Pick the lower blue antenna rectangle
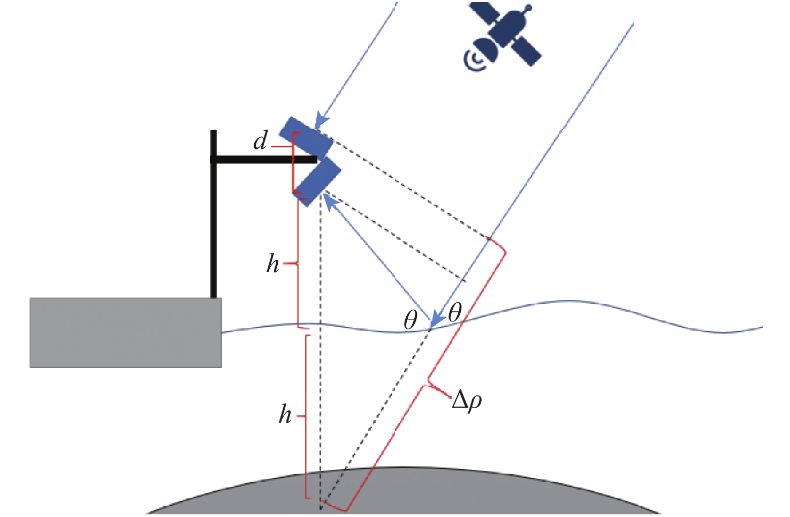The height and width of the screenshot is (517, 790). (318, 181)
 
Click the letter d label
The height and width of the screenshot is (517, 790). (260, 141)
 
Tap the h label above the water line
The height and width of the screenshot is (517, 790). (273, 264)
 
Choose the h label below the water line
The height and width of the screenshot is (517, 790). (285, 415)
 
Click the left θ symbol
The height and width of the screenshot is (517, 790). (410, 320)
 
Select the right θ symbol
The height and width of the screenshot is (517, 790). (454, 312)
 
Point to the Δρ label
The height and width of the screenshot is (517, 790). (467, 401)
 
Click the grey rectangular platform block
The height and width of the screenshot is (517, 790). (126, 333)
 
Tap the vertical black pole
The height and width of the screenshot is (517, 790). (214, 214)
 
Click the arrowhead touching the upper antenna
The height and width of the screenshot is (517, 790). (320, 121)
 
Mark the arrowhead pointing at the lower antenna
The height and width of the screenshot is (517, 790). (331, 203)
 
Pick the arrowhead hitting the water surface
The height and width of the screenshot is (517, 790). (437, 320)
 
